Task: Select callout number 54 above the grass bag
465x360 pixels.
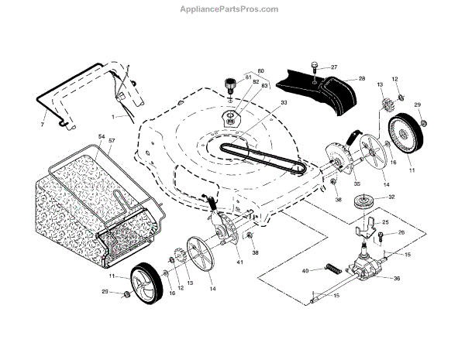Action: [100, 138]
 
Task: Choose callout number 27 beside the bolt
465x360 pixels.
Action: [335, 67]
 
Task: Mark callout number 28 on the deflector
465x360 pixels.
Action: [361, 79]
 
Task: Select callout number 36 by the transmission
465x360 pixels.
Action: [397, 279]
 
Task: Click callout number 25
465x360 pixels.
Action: [385, 222]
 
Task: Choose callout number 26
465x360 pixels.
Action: [401, 232]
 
